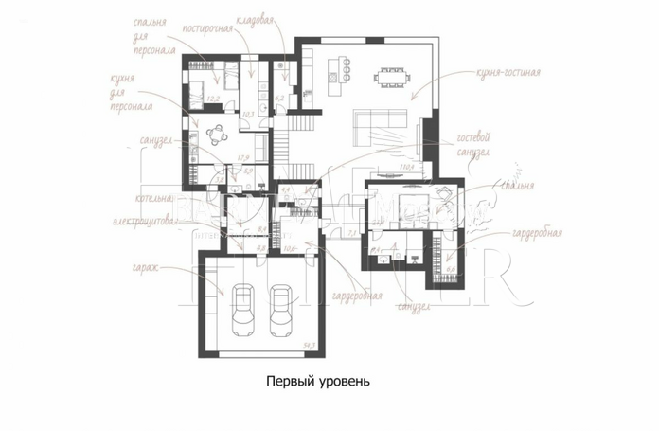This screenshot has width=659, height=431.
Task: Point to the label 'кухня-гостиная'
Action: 508,71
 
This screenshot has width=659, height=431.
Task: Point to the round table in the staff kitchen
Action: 217,132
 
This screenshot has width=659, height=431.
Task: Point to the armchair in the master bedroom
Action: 445,195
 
